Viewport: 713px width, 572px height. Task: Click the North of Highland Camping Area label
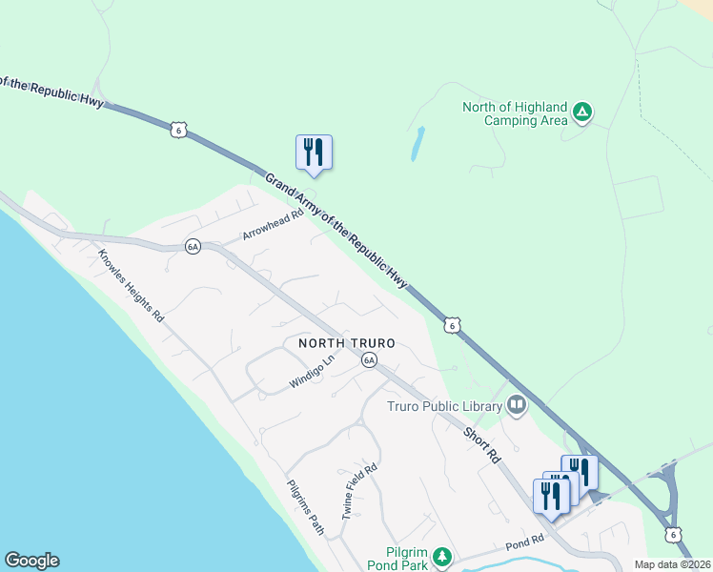tap(515, 113)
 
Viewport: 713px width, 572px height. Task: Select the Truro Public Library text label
tap(443, 407)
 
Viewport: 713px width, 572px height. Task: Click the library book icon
tap(517, 406)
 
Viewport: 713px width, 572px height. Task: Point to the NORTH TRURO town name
tap(347, 343)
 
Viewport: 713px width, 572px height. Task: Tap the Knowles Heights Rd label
tap(131, 284)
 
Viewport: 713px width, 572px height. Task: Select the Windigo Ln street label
tap(314, 372)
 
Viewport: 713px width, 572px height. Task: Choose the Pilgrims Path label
tap(306, 504)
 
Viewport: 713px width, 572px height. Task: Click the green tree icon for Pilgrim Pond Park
tap(440, 556)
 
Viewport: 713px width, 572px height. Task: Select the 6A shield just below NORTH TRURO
tap(369, 359)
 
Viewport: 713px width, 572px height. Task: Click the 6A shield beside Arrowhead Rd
tap(193, 246)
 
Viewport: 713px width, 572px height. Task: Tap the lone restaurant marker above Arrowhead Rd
tap(314, 153)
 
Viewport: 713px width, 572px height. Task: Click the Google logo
tap(31, 561)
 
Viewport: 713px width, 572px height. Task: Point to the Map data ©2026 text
tap(671, 564)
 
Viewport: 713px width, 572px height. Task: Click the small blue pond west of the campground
tap(418, 143)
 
